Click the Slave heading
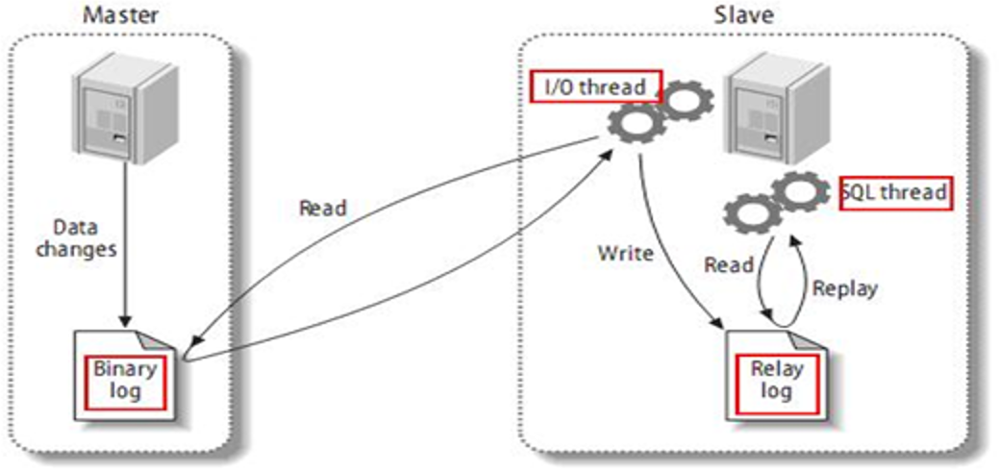[743, 15]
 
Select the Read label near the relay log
[728, 264]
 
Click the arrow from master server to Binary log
[123, 250]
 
